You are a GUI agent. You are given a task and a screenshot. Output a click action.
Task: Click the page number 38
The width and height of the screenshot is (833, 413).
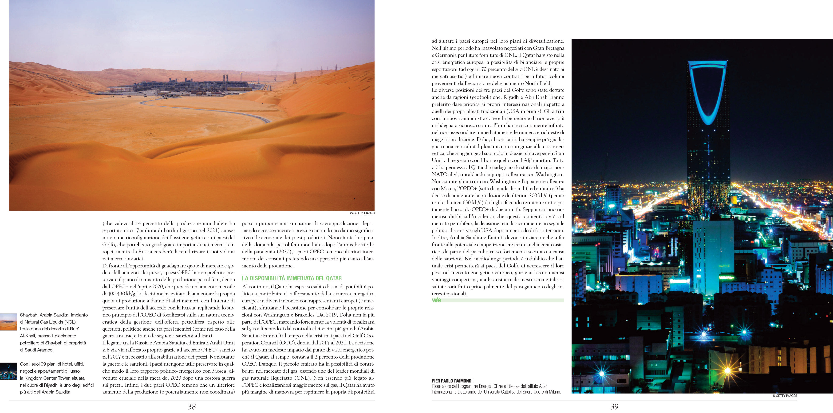192,406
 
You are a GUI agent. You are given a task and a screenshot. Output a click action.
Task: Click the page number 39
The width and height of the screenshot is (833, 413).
614,406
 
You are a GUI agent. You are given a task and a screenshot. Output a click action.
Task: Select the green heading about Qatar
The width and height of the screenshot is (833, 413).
292,278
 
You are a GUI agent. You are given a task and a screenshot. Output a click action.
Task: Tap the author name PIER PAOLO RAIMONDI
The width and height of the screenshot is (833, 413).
452,381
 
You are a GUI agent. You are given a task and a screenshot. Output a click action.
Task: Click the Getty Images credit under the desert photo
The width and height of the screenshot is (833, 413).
362,213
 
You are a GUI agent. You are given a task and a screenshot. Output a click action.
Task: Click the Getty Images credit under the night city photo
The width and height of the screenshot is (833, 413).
785,396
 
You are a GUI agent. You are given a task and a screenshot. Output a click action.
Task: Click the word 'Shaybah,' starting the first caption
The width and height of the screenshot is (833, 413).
28,315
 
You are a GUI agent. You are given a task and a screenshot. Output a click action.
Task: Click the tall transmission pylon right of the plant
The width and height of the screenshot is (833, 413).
295,78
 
